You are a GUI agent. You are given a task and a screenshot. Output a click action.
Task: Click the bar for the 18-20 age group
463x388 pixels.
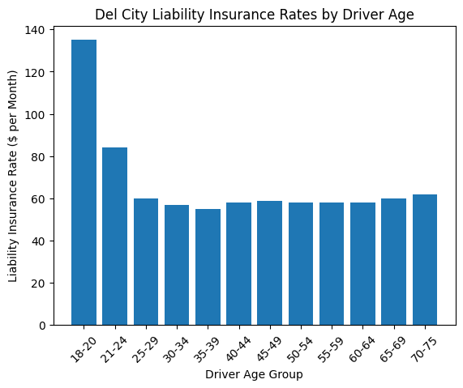pos(84,182)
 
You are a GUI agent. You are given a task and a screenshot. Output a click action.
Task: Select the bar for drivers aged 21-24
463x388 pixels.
pos(114,236)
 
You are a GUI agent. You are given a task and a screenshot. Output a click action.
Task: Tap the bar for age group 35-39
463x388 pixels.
pos(208,266)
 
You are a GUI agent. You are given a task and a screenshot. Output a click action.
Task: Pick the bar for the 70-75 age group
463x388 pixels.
pos(425,259)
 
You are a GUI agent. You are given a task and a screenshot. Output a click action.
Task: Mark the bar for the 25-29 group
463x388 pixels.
pos(146,262)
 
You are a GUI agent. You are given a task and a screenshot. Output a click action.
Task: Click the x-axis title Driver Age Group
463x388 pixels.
pos(254,374)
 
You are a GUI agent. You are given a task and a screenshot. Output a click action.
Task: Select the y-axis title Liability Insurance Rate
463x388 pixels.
pos(14,177)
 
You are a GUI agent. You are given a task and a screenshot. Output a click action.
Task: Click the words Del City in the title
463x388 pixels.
pos(119,14)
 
